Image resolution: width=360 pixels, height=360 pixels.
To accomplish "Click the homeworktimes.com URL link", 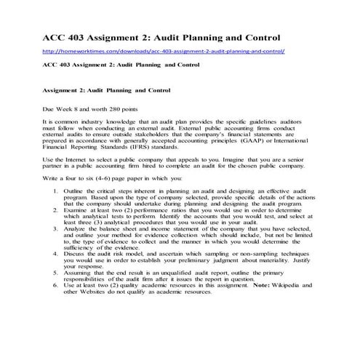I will click(x=164, y=52).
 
